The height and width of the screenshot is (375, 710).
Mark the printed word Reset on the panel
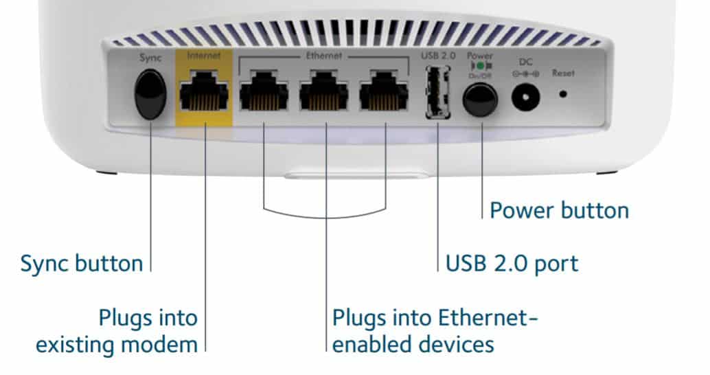563,73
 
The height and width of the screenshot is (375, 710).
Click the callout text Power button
559,209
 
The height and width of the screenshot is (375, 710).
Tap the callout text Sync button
82,262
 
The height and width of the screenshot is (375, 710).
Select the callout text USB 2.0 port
512,262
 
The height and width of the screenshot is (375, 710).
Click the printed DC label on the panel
525,61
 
